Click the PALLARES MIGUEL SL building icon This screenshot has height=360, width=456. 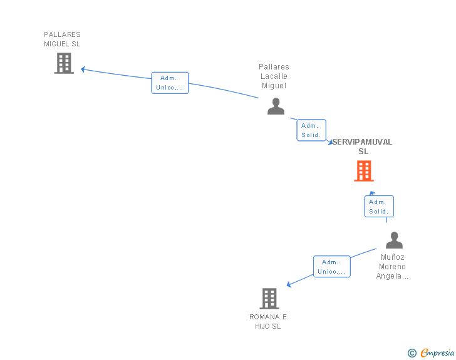64,63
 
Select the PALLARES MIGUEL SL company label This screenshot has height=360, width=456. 62,39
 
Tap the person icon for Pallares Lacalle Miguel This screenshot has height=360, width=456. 276,106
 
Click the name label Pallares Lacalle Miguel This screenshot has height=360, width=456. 274,76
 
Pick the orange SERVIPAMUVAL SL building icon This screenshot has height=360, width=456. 364,171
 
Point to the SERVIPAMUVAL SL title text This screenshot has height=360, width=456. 363,147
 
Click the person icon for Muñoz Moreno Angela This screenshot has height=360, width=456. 394,240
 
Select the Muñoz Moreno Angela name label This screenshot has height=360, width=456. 392,267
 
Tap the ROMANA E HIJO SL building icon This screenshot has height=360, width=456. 269,299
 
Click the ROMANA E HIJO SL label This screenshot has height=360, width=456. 268,321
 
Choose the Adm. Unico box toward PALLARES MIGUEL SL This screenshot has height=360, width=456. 170,83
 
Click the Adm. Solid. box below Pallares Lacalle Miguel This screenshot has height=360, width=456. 311,130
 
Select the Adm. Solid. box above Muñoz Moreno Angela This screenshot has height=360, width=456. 378,207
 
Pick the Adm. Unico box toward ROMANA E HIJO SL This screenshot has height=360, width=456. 331,267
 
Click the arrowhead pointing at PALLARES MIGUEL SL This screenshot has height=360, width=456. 83,69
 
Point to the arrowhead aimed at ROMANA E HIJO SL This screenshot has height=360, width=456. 289,285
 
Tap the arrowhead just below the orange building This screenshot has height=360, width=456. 372,193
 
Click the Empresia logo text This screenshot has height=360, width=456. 437,353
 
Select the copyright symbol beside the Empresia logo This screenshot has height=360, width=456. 412,353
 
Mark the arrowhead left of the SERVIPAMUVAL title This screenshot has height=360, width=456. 330,143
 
